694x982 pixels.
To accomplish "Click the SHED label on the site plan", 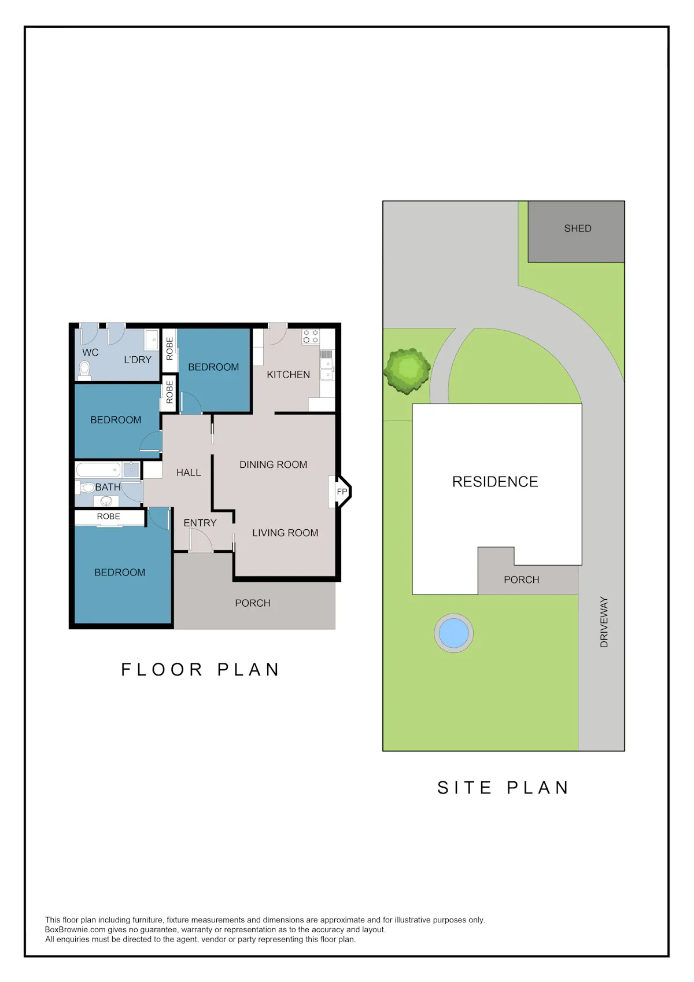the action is tap(577, 228).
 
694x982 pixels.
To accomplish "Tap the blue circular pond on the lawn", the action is tap(453, 633).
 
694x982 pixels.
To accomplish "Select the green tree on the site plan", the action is tap(407, 371).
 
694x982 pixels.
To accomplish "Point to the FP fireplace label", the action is tap(342, 492).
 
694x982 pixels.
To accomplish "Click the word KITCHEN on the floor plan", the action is tap(288, 374).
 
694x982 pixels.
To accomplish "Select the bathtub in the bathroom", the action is tap(99, 470).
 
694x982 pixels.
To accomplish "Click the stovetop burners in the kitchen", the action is tap(311, 337).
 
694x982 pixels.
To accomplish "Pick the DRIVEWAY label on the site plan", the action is tap(604, 622).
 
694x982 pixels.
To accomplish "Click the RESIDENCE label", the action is tap(495, 481).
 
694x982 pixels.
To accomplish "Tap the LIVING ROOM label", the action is tap(285, 533).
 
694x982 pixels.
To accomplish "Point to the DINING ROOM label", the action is tap(273, 464).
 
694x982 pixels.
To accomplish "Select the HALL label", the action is tap(189, 472).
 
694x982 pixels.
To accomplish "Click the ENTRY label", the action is tap(200, 523).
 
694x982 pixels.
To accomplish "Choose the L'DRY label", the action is tap(137, 360).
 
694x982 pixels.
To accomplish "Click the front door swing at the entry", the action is tap(201, 540).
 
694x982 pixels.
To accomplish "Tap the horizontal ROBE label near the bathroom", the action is tap(108, 516).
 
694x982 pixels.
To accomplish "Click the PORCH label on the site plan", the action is tap(521, 579).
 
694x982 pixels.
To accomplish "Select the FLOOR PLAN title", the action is tap(200, 670).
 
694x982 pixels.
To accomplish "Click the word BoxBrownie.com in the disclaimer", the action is tap(75, 929).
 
